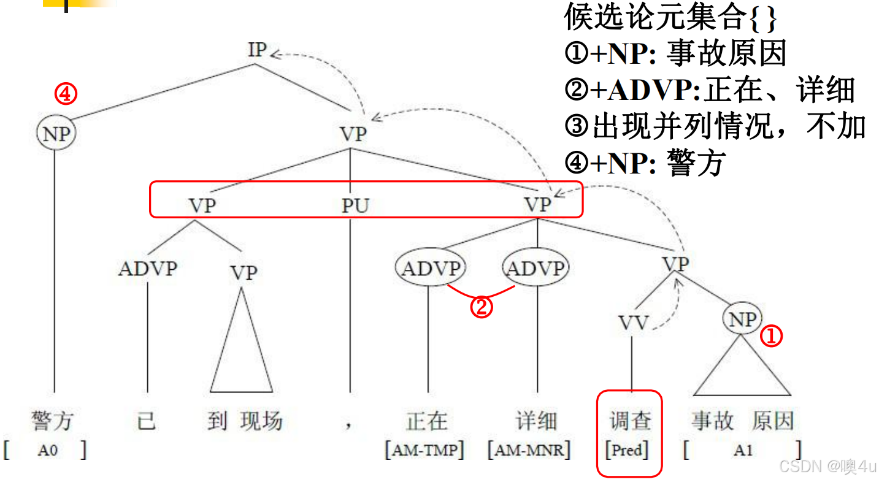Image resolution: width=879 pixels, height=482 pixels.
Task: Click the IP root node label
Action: (257, 50)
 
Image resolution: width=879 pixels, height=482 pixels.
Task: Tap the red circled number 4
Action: (66, 94)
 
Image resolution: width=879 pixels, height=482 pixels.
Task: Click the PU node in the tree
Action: (355, 205)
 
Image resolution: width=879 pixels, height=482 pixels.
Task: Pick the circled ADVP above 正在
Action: (431, 269)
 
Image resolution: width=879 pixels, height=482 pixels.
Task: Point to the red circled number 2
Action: (482, 307)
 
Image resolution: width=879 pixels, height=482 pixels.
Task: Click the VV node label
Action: (632, 323)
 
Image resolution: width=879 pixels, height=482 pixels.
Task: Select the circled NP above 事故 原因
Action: (742, 319)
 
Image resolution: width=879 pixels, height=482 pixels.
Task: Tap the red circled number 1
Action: (772, 335)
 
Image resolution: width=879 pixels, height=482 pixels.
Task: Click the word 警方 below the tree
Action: (53, 421)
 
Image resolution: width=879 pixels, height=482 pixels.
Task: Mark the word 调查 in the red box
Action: (630, 421)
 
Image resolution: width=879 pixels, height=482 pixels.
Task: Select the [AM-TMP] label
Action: (424, 451)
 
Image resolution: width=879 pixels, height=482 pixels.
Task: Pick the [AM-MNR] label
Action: (529, 451)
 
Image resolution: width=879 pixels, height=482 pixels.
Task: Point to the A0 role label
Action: (47, 451)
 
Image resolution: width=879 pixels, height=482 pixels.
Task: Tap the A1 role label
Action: (743, 451)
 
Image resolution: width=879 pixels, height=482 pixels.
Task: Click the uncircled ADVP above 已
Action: (147, 269)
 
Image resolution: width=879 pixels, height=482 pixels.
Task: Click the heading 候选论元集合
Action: (654, 18)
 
